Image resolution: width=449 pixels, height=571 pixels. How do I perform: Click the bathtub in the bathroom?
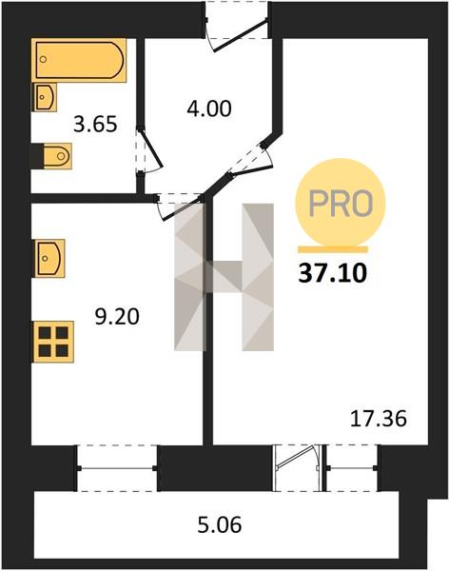(x=79, y=60)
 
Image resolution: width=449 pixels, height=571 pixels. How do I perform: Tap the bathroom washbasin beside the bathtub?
(x=46, y=97)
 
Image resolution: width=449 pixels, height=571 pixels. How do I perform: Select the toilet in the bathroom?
(x=57, y=156)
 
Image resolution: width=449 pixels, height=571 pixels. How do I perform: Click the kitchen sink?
(x=49, y=258)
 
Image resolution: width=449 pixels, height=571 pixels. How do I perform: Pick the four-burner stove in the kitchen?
(x=53, y=342)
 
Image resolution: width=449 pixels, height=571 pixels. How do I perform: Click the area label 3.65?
(x=95, y=124)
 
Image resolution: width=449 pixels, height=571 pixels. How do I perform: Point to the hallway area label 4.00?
(x=209, y=108)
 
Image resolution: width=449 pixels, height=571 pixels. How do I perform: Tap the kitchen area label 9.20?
(x=117, y=317)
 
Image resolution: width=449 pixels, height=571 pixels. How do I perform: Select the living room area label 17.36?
(x=378, y=419)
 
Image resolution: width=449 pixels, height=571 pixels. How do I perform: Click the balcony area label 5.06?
(x=220, y=525)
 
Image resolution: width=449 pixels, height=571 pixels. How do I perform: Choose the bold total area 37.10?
(x=332, y=273)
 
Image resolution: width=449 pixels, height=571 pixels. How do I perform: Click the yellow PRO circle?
(x=340, y=203)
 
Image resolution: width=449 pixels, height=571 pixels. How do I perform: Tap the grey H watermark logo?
(x=224, y=277)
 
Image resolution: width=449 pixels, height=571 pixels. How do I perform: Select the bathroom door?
(x=149, y=150)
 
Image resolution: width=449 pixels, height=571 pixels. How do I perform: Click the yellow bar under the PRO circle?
(x=333, y=249)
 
